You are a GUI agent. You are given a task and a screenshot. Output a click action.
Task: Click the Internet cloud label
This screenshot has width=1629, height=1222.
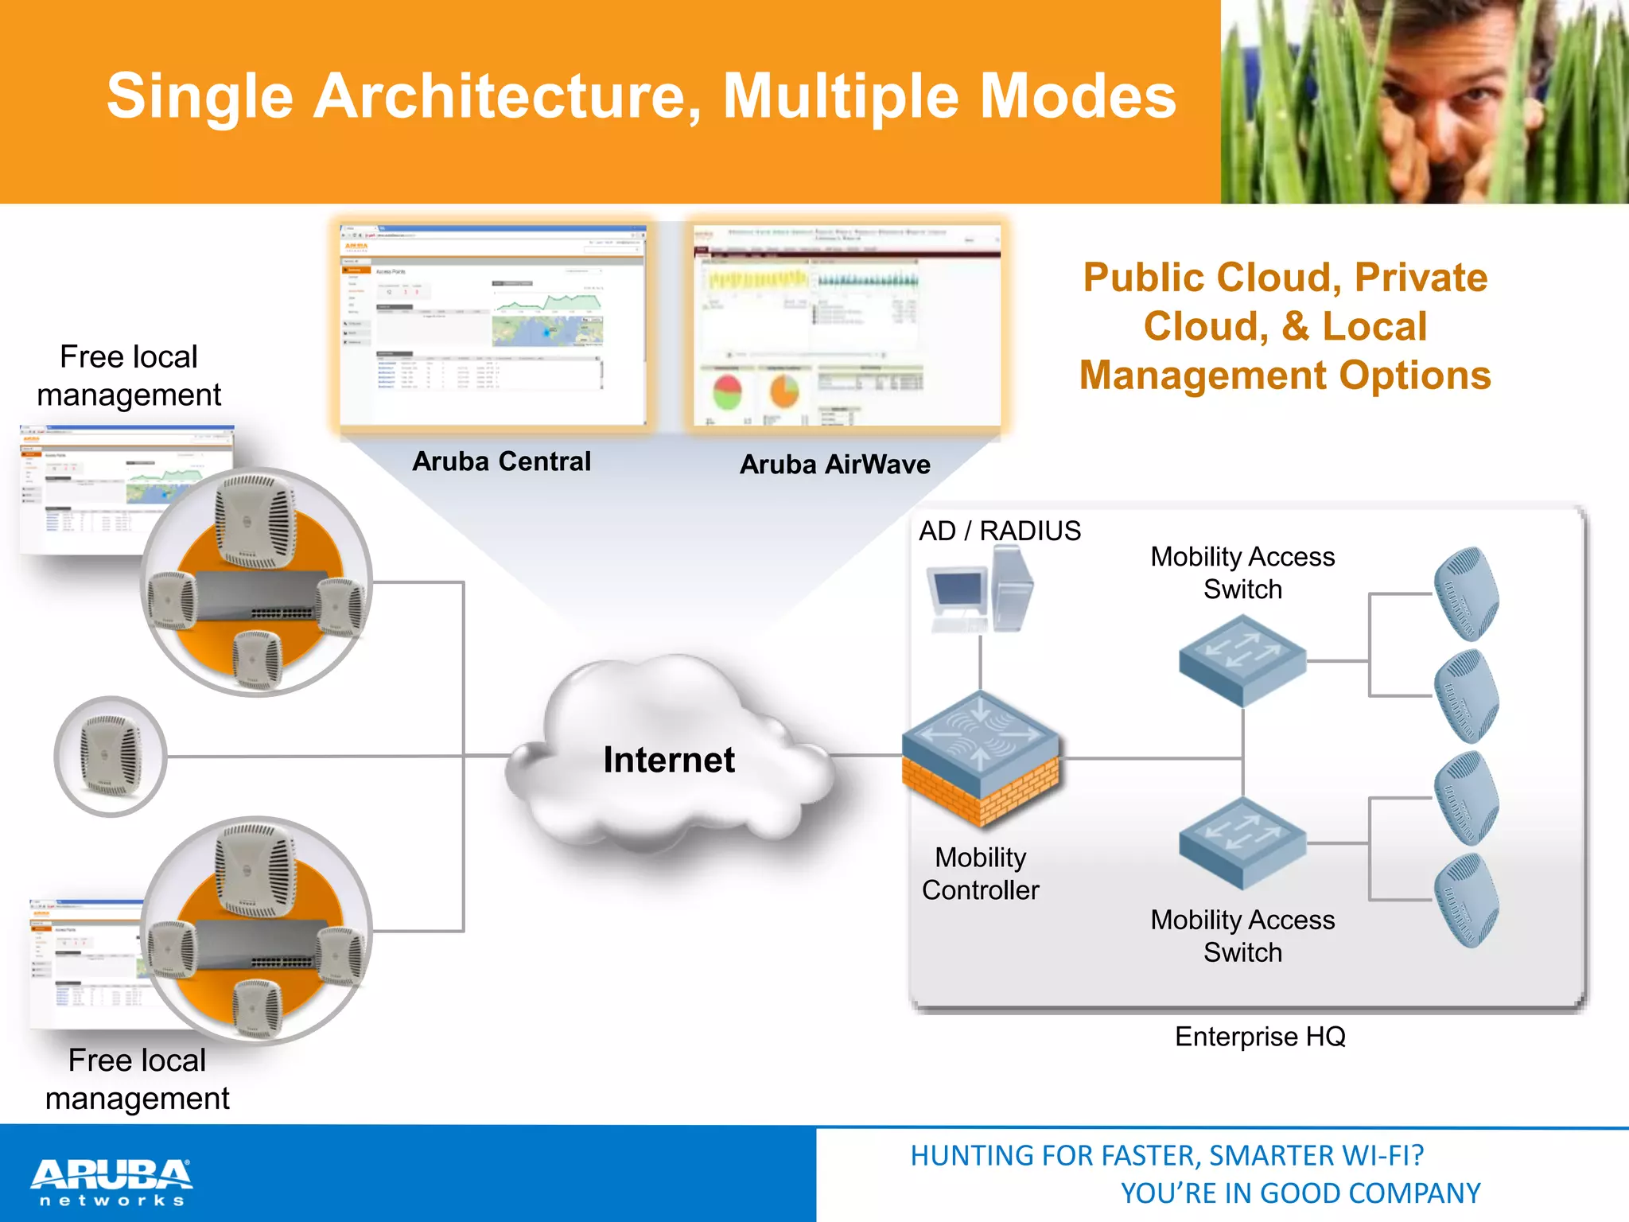pos(669,760)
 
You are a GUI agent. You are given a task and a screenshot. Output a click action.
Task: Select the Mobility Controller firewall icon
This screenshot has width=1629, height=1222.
pos(981,760)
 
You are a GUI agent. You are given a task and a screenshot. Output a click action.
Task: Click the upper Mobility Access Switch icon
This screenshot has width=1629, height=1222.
pos(1242,660)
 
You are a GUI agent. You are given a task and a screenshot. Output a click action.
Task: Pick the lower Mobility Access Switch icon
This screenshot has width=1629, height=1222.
pos(1242,843)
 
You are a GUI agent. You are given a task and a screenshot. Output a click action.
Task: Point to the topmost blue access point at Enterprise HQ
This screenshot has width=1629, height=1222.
pos(1466,593)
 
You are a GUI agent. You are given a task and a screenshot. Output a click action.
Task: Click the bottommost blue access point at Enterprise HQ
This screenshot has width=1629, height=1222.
pos(1466,900)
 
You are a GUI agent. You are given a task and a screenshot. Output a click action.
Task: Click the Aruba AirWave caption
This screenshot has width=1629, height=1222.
pos(834,465)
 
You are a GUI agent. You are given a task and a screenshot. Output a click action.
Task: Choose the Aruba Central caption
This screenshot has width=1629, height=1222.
pos(501,461)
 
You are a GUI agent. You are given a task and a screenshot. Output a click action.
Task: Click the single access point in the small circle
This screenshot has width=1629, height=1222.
pos(111,756)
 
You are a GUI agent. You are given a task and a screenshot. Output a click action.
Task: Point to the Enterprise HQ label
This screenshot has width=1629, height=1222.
pos(1260,1037)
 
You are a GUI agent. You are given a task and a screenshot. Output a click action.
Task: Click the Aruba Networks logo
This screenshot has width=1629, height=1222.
pos(111,1181)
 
